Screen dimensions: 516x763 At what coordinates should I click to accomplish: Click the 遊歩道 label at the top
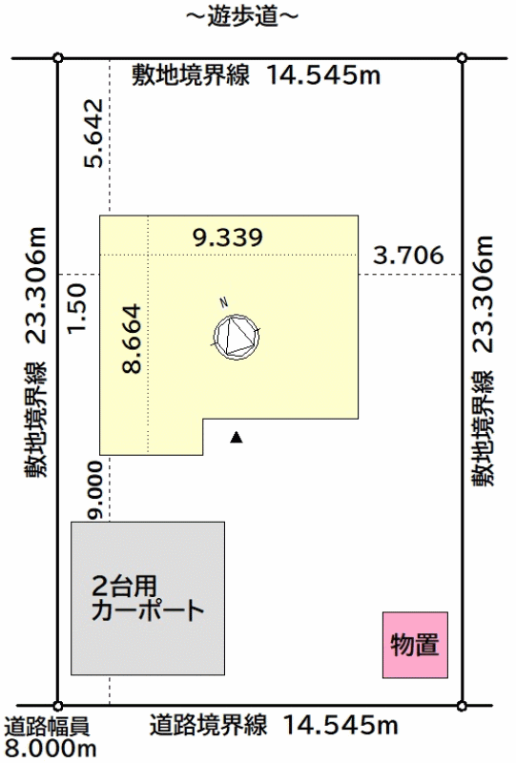pos(241,17)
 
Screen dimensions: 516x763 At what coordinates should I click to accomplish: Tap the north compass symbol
pos(237,337)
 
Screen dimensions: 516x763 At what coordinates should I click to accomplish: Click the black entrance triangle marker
pos(237,438)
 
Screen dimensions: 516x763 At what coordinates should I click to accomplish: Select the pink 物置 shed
pos(415,645)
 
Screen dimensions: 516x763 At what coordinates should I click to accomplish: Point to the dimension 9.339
pos(228,237)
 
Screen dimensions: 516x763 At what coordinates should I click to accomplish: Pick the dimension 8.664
pos(132,339)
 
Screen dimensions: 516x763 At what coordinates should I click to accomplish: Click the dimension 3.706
pos(408,256)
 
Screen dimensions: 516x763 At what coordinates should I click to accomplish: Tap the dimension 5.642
pos(94,134)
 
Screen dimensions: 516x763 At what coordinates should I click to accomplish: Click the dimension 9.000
pos(95,490)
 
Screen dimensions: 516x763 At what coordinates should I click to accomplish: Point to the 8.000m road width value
pos(51,750)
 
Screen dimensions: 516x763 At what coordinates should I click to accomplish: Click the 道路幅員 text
pos(48,728)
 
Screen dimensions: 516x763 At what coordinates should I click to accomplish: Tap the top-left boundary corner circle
pos(58,58)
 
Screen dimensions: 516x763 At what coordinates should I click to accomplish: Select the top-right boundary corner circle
pos(462,58)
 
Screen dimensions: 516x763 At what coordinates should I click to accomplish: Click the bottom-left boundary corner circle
pos(58,706)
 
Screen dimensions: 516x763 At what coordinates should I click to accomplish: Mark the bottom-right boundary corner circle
pos(462,706)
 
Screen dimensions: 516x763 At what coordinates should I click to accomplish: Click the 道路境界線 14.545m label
pos(274,726)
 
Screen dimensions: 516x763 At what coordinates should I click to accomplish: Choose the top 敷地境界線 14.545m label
pos(256,75)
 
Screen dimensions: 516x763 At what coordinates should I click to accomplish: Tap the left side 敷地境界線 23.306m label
pos(36,352)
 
